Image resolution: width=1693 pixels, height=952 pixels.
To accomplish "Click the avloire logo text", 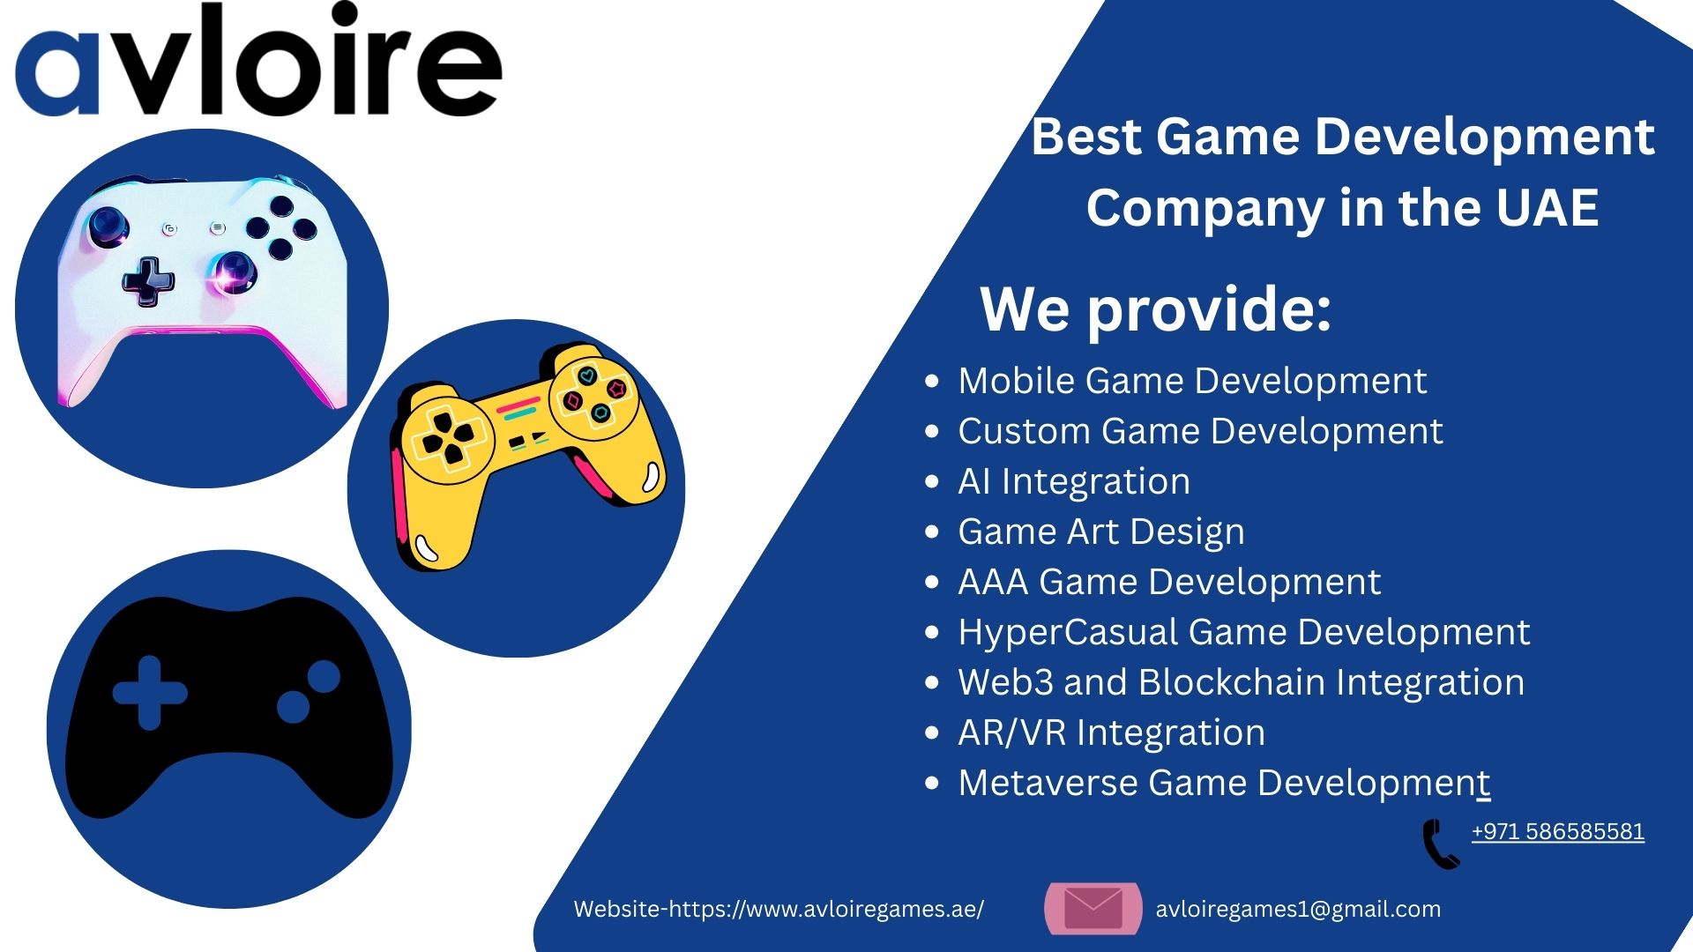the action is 258,60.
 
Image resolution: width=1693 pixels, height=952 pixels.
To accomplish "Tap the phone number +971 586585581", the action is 1557,831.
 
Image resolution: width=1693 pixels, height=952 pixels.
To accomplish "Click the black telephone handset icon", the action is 1441,844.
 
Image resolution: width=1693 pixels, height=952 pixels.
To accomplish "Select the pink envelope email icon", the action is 1093,908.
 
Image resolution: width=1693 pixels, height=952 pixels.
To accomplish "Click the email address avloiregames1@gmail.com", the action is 1298,909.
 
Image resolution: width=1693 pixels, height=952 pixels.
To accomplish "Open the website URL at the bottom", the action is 779,909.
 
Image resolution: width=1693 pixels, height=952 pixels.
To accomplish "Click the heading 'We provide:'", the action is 1155,309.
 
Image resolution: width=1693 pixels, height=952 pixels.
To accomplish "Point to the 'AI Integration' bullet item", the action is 1074,481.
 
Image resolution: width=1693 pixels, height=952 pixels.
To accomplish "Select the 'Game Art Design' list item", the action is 1101,532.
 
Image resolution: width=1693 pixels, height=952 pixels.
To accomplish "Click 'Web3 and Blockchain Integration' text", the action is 1242,682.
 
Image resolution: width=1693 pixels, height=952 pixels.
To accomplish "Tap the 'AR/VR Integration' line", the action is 1111,733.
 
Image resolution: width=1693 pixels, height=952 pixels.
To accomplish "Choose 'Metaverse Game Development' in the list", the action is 1224,783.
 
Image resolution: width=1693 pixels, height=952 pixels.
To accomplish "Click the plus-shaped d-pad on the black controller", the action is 150,693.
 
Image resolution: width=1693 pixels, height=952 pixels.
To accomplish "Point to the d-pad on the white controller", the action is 148,281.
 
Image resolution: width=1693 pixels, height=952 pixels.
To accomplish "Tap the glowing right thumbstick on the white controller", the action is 234,271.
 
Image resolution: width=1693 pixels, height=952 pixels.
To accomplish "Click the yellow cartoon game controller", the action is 528,454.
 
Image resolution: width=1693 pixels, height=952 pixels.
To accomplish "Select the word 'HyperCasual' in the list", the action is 1068,633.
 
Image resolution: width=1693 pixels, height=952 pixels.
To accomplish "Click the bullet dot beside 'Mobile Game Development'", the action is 932,382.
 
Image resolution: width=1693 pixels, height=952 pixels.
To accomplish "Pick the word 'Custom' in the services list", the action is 1024,431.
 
